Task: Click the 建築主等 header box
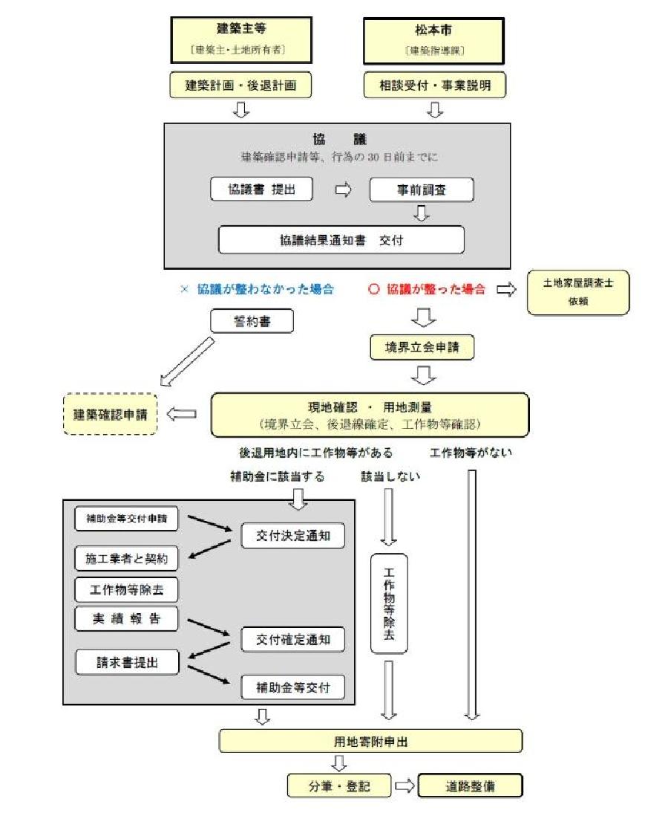click(240, 40)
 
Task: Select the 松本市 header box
click(433, 40)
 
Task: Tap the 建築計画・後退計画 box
click(240, 85)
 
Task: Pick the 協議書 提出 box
click(261, 190)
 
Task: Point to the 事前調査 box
click(422, 190)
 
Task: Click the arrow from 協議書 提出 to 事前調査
click(343, 190)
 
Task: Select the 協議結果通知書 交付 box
click(341, 240)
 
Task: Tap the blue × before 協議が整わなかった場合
click(185, 290)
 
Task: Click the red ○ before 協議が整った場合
click(374, 290)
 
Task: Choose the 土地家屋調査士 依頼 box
click(577, 292)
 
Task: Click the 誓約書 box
click(252, 321)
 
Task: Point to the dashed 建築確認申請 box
click(111, 414)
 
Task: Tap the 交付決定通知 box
click(293, 536)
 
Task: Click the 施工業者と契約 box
click(127, 557)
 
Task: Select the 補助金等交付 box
click(293, 687)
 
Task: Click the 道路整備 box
click(469, 786)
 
